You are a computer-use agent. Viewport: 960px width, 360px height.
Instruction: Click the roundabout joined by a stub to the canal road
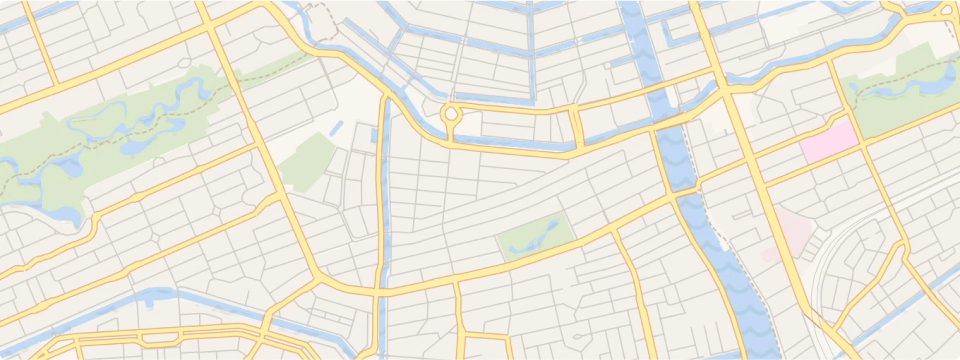pyautogui.click(x=451, y=114)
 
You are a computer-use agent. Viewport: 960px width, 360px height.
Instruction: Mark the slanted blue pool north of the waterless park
pyautogui.click(x=334, y=129)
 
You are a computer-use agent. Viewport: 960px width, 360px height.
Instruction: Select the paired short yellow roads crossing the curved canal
pyautogui.click(x=577, y=126)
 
